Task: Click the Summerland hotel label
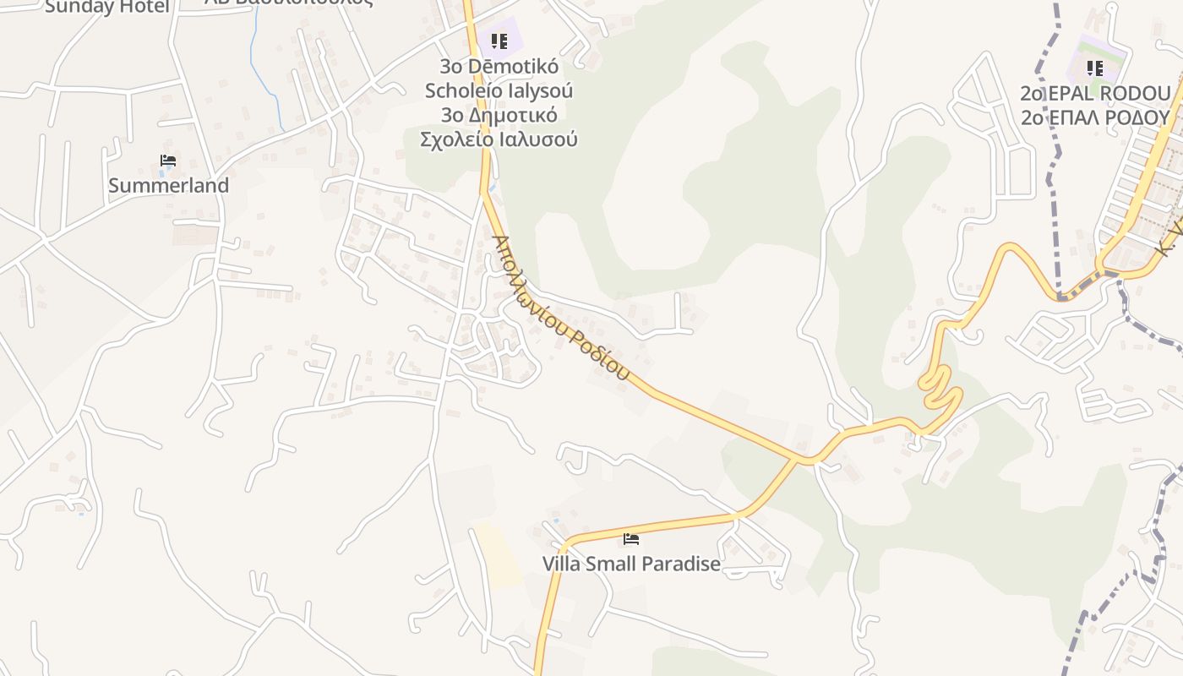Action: point(168,186)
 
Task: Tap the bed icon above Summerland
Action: point(167,161)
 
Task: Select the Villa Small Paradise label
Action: point(631,564)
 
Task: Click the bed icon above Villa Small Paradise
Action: point(630,539)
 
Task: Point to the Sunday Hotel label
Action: point(107,7)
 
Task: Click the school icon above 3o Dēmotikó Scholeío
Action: point(499,41)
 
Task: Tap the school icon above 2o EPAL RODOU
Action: point(1095,68)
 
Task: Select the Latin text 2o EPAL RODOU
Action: point(1095,93)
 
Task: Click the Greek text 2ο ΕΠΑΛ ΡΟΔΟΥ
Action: point(1095,117)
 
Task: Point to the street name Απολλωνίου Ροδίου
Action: point(561,308)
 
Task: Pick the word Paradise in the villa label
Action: point(678,564)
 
